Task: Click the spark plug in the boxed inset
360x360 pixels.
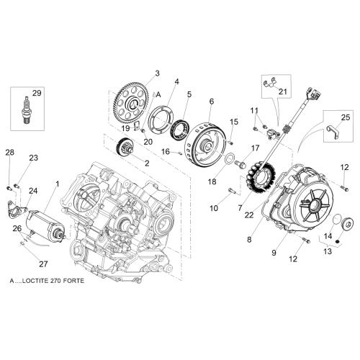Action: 26,110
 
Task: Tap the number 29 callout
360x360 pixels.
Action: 37,93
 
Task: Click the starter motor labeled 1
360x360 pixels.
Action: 45,226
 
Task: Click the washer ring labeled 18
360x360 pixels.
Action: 229,159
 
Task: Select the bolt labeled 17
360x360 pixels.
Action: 240,164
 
